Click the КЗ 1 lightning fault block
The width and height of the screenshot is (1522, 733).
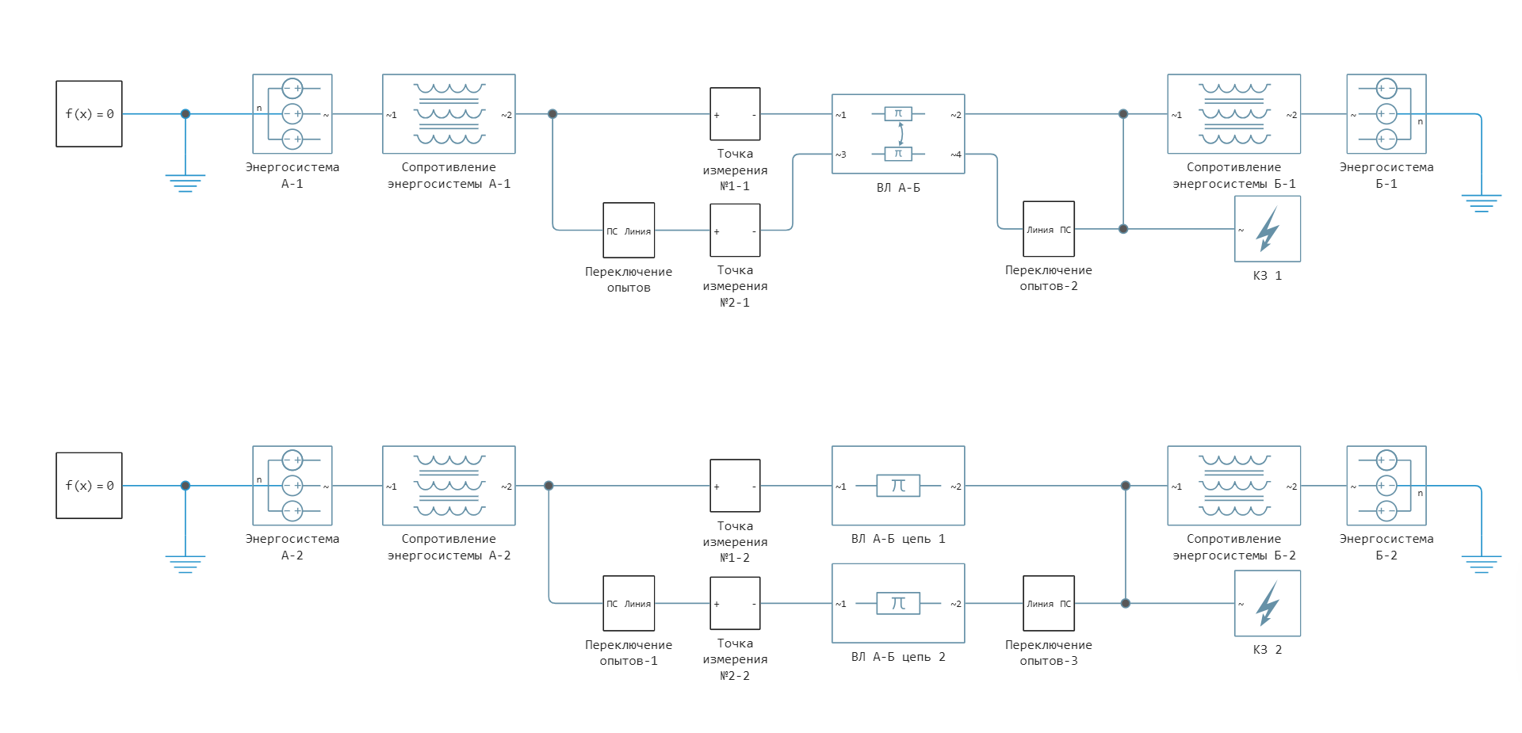coord(1267,229)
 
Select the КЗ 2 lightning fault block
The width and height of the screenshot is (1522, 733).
coord(1267,603)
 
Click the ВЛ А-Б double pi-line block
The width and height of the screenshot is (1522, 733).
coord(897,134)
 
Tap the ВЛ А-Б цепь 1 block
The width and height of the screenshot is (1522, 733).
coord(897,486)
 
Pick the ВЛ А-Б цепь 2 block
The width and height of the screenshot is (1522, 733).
coord(897,603)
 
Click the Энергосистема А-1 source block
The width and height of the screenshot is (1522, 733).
coord(292,114)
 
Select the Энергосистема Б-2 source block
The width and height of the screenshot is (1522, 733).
coord(1386,486)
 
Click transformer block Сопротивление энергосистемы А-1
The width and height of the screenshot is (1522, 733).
coord(449,114)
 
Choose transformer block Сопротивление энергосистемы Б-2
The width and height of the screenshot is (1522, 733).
coord(1233,486)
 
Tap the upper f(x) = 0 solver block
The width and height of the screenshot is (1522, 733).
coord(89,114)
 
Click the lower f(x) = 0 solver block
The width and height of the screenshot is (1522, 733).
coord(89,486)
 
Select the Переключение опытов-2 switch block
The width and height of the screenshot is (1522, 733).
coord(1048,229)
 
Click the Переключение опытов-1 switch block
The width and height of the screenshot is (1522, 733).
coord(629,603)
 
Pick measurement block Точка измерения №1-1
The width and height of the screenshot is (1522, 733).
coord(735,114)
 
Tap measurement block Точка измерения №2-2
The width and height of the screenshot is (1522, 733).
coord(735,603)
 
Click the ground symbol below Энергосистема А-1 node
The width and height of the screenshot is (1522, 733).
coord(185,183)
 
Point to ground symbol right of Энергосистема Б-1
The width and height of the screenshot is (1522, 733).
coord(1481,203)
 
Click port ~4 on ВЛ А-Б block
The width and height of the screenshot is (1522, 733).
coord(956,155)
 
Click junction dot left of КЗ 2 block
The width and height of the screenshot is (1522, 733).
coord(1125,603)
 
